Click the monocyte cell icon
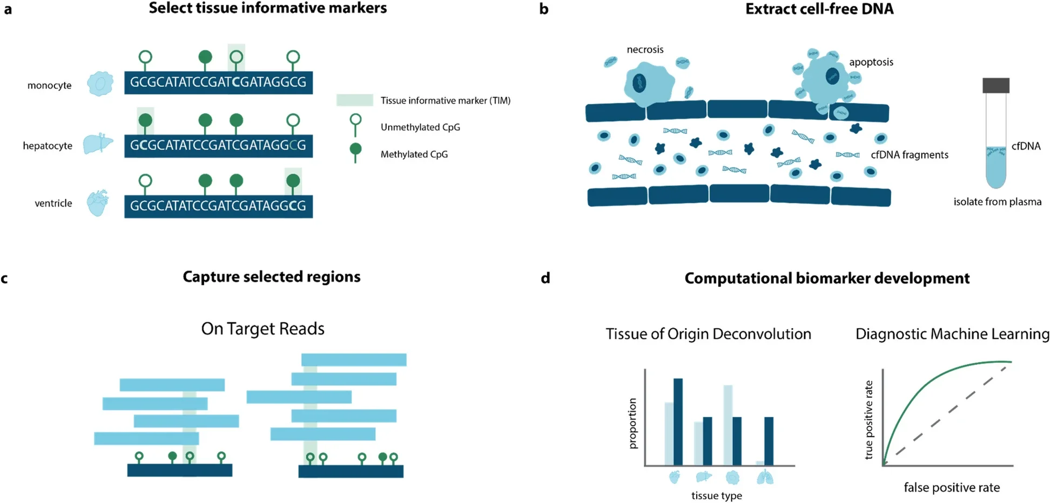(x=100, y=84)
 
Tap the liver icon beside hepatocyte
(x=98, y=144)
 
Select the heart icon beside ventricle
(x=98, y=203)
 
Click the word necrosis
(x=645, y=50)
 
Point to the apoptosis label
(x=871, y=62)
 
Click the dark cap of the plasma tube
(x=995, y=85)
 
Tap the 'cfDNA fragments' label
(x=909, y=155)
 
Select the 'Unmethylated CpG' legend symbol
(x=355, y=125)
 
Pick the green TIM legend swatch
(x=354, y=100)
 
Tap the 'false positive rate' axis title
(x=951, y=488)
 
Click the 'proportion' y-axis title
(x=633, y=423)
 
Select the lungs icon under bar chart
(x=765, y=477)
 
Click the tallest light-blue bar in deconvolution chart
(x=727, y=425)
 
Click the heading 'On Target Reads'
(x=262, y=329)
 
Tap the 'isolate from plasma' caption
(x=997, y=202)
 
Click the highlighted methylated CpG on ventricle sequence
(x=293, y=181)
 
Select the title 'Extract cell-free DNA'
(x=819, y=9)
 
